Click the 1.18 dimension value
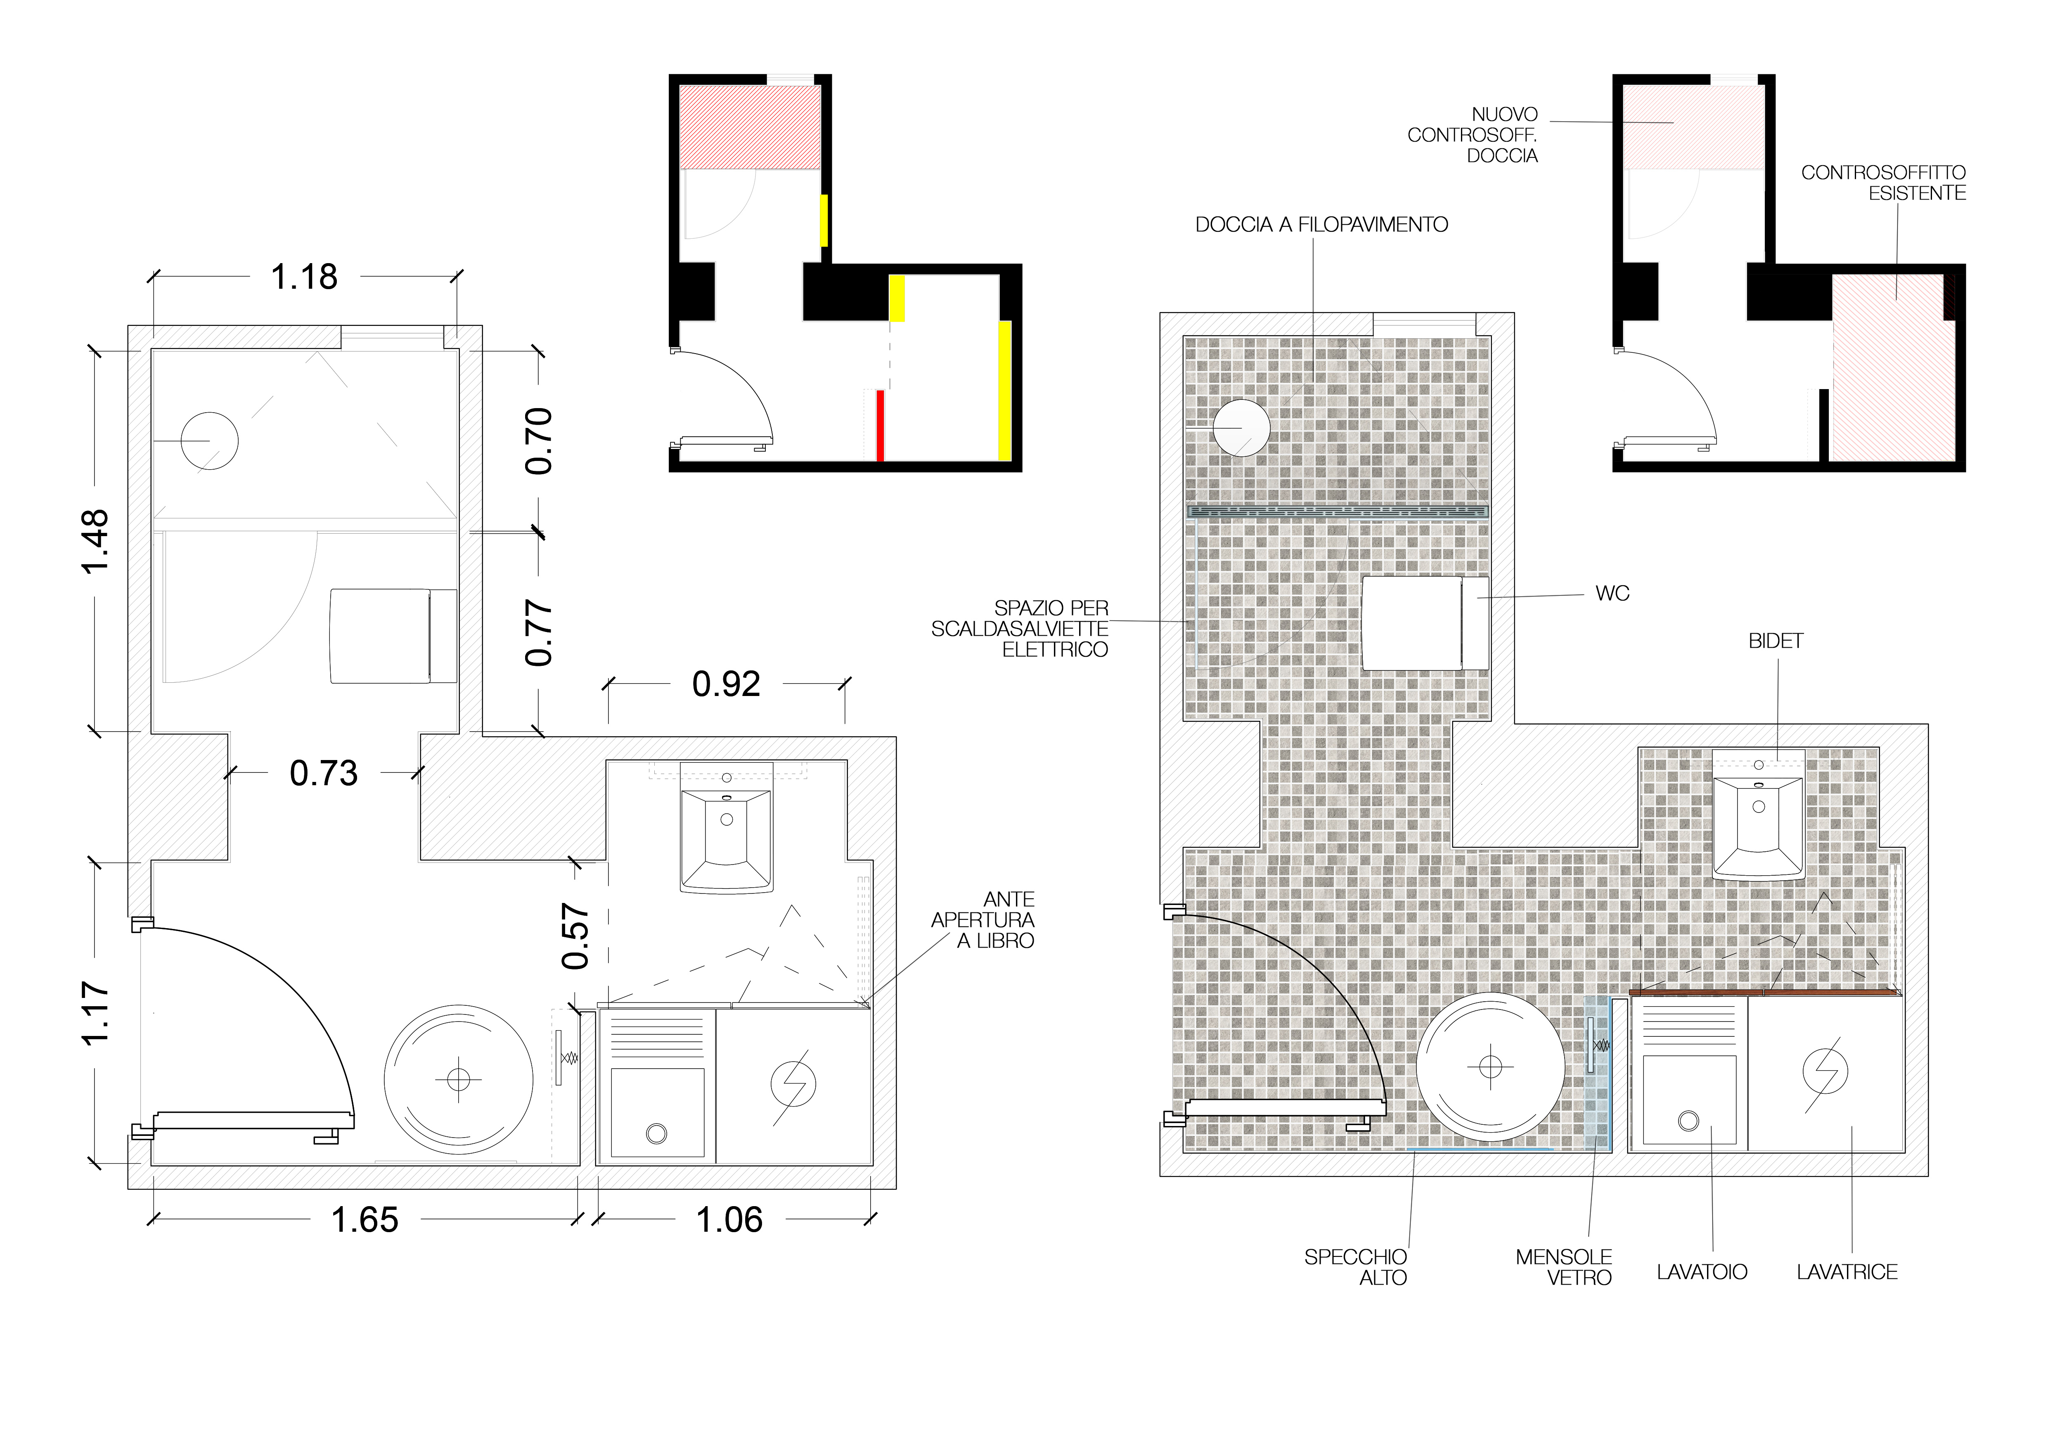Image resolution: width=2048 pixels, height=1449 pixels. click(x=304, y=278)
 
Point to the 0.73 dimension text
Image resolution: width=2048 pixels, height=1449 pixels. click(x=324, y=773)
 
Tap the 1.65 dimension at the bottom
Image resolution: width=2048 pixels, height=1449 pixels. click(x=365, y=1220)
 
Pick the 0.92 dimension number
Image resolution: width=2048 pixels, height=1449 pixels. click(x=726, y=684)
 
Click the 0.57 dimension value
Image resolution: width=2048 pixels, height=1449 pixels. click(x=575, y=936)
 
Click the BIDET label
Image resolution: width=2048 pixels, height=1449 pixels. click(x=1775, y=641)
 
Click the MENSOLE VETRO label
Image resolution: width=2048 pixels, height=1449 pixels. click(x=1564, y=1267)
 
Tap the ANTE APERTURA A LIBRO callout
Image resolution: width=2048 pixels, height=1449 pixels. click(x=983, y=920)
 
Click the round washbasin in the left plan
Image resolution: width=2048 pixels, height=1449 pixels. click(x=459, y=1080)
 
